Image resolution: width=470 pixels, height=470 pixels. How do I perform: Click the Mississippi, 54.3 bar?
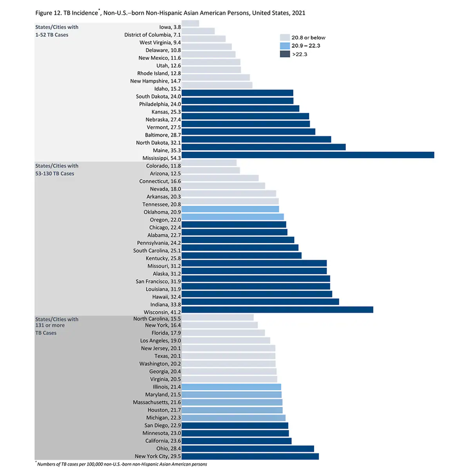[308, 155]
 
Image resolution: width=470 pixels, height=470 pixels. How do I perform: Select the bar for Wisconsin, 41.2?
[277, 310]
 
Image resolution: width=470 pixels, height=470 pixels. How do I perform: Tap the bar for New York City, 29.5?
[250, 456]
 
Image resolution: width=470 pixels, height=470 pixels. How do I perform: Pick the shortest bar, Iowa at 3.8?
[190, 23]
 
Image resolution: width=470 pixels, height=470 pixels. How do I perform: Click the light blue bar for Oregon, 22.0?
[233, 217]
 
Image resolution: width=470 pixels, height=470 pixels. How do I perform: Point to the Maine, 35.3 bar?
[264, 147]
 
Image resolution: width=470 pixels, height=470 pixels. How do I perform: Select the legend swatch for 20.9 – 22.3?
[285, 46]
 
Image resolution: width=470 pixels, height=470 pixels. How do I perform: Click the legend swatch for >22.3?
[285, 54]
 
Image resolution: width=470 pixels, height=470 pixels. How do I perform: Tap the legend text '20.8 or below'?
[308, 38]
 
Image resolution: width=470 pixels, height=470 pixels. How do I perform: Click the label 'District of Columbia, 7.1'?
[152, 35]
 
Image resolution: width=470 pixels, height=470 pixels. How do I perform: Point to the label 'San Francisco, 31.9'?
[158, 281]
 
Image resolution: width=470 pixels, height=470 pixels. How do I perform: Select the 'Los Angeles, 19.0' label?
[161, 340]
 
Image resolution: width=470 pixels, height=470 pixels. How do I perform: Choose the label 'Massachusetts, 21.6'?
[157, 402]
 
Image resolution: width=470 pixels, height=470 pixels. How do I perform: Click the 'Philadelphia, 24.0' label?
[160, 104]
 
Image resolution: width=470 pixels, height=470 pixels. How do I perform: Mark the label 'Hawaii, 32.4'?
[166, 297]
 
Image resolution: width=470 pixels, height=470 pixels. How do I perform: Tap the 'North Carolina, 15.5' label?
[157, 319]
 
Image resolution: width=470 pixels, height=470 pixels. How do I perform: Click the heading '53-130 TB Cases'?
[54, 174]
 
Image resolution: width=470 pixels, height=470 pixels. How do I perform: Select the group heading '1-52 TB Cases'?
[52, 35]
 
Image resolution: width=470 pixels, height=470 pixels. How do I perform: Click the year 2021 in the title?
[298, 13]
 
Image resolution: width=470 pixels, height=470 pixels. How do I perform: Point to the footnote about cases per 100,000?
[121, 464]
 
